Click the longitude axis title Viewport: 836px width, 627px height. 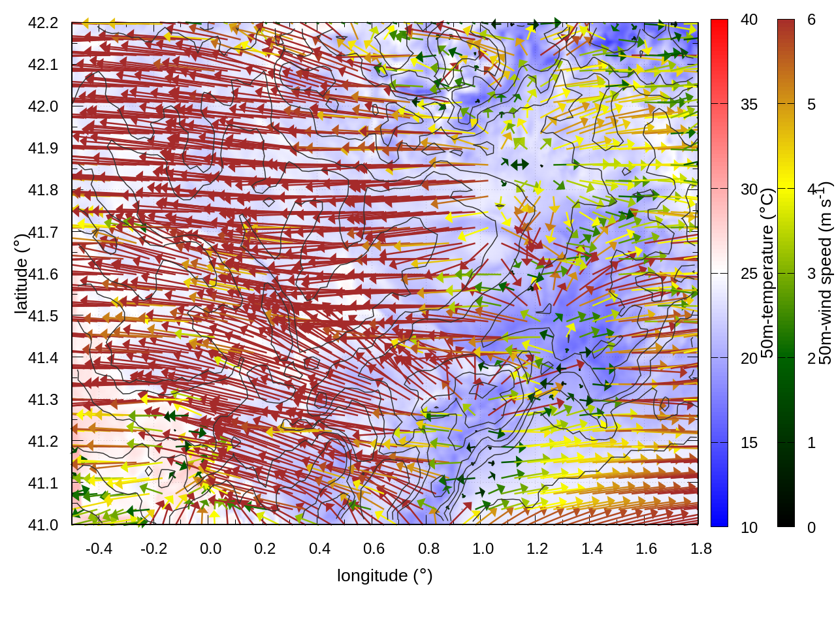click(x=385, y=575)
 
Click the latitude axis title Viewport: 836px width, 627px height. click(x=21, y=273)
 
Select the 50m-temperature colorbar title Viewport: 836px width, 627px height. click(x=767, y=273)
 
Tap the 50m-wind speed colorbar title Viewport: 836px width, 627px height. click(x=826, y=273)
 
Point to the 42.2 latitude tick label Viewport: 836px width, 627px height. click(x=43, y=23)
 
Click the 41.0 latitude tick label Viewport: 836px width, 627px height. click(x=43, y=525)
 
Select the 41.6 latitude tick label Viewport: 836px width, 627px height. click(x=43, y=274)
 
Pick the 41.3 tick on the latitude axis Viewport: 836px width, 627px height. click(x=43, y=400)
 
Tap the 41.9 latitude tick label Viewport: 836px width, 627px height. click(x=43, y=148)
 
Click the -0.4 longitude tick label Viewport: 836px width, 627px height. click(x=99, y=549)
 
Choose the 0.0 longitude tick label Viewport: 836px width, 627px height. click(x=210, y=549)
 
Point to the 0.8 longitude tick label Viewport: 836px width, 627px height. click(x=428, y=549)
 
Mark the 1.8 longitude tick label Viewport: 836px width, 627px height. click(x=701, y=549)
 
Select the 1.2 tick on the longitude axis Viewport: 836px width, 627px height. click(x=538, y=549)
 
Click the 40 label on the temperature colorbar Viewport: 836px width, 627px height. click(x=749, y=20)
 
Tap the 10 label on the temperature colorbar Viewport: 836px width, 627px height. click(x=749, y=527)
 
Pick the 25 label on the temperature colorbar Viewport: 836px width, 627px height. click(x=749, y=274)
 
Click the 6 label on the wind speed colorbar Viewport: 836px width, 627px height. click(x=811, y=20)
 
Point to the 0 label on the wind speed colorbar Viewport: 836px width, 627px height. click(x=811, y=527)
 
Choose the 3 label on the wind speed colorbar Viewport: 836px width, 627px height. click(x=811, y=274)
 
